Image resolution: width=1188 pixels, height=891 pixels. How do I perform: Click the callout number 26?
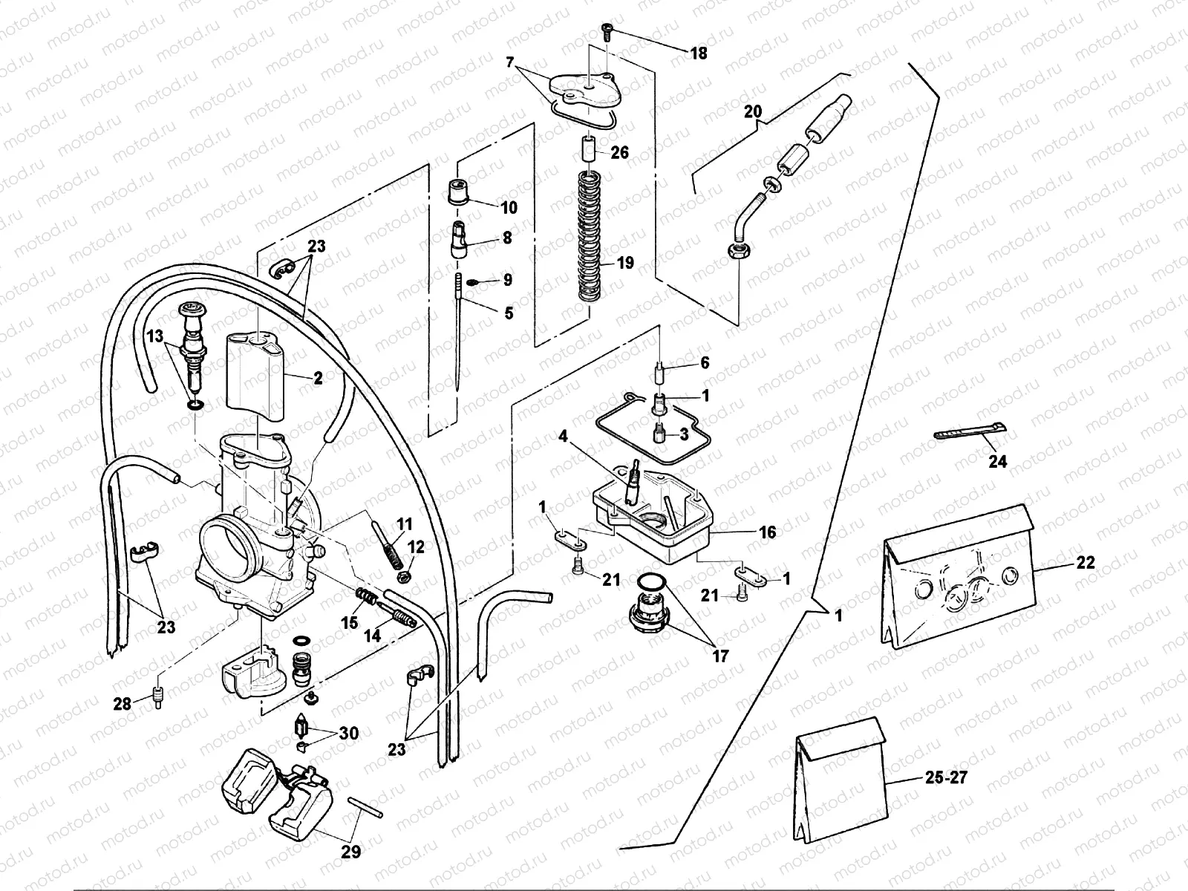pos(619,152)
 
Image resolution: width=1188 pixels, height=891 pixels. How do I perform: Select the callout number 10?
pos(509,207)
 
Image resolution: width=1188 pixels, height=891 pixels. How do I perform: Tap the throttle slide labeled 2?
pos(256,371)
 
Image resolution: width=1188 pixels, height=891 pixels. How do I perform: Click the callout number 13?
pos(154,336)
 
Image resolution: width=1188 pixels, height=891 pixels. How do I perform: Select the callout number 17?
pos(719,656)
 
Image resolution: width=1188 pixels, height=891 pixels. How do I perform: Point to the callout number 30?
pos(348,734)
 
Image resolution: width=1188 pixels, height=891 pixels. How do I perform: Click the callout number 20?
pos(752,112)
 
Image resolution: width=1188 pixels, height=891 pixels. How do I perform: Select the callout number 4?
pos(564,437)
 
